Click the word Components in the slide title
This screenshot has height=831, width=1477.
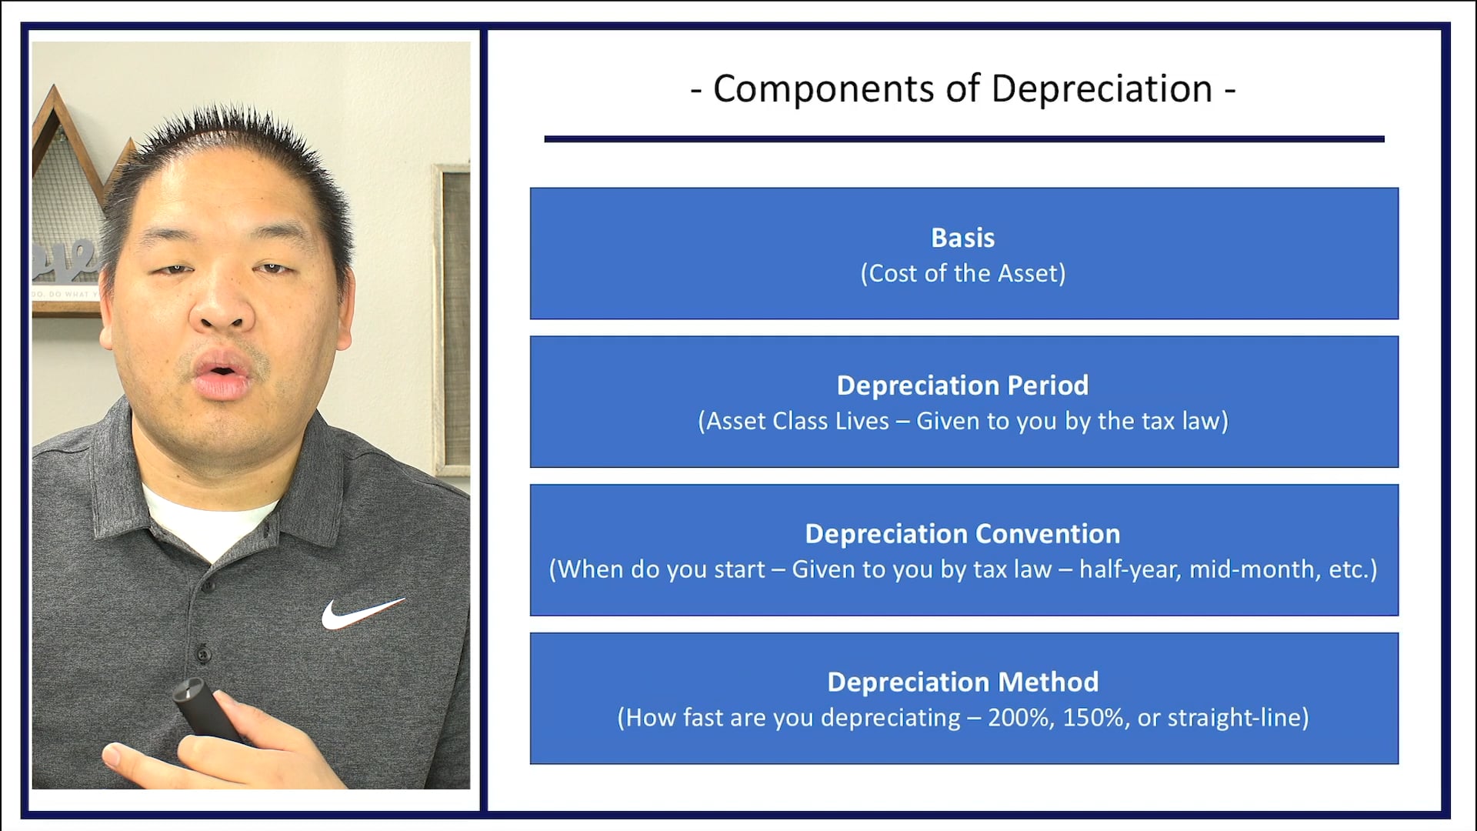[x=823, y=88]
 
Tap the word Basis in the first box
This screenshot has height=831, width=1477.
[x=962, y=238]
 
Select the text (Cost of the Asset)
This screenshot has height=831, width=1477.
[x=962, y=273]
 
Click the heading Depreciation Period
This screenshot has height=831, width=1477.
[x=962, y=385]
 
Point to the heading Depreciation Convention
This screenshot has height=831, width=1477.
[x=962, y=534]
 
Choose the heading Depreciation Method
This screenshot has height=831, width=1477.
[x=962, y=682]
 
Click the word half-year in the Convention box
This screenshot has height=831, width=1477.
[x=1129, y=569]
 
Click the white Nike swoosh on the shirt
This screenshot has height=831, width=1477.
[x=360, y=612]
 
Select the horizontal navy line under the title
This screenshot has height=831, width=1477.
[x=963, y=139]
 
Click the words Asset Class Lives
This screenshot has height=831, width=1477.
[x=798, y=422]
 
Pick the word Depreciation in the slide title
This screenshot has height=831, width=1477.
[x=1101, y=88]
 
